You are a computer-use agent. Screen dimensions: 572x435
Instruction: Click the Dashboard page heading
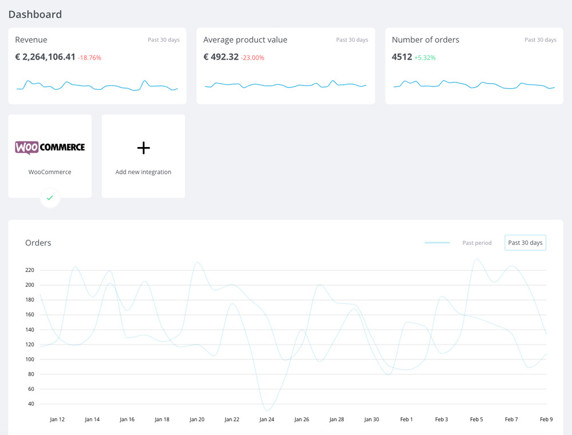point(35,14)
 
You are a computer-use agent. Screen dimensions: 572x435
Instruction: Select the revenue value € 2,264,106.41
point(45,57)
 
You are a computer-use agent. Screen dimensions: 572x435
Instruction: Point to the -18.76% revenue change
point(89,58)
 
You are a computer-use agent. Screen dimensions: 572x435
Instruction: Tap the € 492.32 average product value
point(221,57)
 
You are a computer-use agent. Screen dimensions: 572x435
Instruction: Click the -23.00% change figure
point(252,58)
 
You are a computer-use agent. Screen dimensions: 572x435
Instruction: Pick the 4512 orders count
point(402,57)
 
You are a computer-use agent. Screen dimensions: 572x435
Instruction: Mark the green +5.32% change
point(425,58)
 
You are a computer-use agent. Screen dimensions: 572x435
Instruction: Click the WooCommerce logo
point(50,148)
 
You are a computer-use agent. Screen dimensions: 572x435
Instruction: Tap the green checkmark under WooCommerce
point(50,198)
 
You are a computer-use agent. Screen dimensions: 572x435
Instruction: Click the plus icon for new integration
point(144,148)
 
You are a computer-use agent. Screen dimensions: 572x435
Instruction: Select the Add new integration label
point(144,172)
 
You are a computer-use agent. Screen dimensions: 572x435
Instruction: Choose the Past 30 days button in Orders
point(525,243)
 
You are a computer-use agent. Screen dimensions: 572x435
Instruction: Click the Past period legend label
point(477,243)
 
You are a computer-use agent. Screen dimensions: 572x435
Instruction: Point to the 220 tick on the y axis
point(30,270)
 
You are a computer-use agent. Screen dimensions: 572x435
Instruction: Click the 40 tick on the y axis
point(31,404)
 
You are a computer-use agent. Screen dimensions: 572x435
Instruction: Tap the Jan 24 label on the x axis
point(267,420)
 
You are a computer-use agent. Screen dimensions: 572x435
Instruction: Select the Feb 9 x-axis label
point(546,420)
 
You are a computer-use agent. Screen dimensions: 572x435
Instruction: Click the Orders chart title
point(38,243)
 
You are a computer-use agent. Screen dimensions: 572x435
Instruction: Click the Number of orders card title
point(426,39)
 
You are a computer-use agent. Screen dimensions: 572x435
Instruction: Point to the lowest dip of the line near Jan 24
point(267,410)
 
